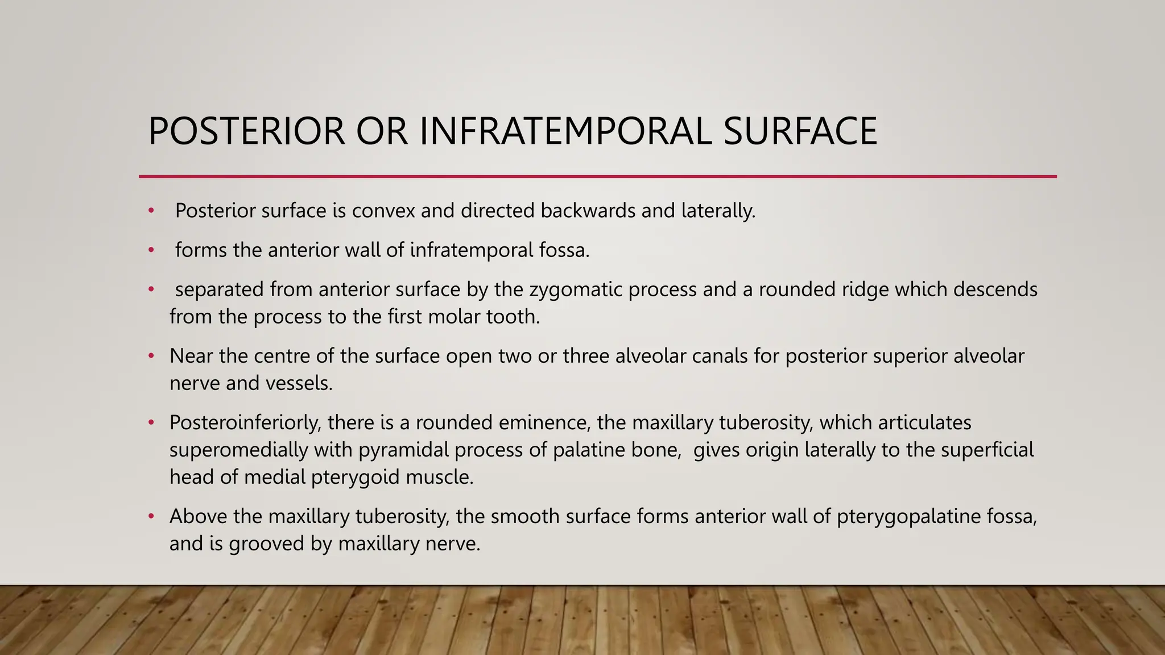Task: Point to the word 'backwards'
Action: point(588,211)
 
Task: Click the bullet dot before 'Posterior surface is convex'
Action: point(151,211)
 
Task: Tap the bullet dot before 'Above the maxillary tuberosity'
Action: point(151,517)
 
